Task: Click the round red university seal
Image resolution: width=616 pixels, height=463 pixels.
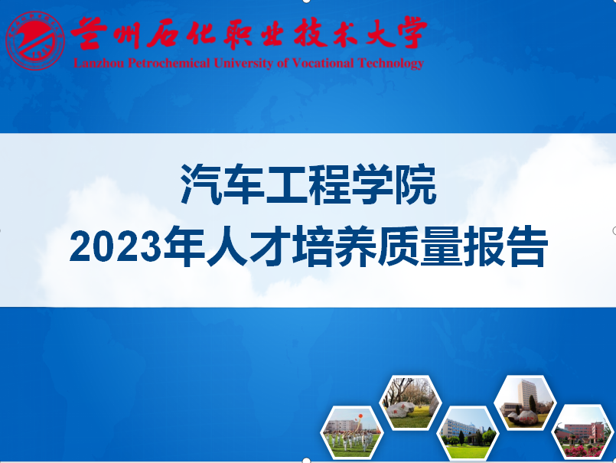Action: point(35,41)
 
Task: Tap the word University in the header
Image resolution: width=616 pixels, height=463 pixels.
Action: point(243,64)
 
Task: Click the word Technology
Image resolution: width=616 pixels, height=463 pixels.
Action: point(391,64)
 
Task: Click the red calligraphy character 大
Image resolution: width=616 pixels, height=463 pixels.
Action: point(381,33)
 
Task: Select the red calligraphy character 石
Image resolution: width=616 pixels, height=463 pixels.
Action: point(165,34)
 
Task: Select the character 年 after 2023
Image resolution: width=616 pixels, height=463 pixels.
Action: point(184,247)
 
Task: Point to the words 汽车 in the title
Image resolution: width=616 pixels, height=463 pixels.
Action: point(223,184)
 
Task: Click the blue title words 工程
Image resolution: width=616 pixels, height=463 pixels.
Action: point(308,184)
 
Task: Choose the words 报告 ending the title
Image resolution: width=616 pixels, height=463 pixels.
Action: point(505,247)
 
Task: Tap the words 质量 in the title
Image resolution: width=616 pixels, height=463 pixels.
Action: point(419,247)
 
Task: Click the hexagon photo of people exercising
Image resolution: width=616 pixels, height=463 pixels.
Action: point(352,432)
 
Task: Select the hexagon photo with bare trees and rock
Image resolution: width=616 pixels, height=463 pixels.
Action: point(410,403)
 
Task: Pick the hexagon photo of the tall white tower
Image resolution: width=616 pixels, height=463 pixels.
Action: point(524,403)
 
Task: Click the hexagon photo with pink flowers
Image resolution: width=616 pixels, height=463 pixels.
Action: point(583,432)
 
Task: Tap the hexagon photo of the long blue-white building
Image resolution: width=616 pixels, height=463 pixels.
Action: point(468,432)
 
